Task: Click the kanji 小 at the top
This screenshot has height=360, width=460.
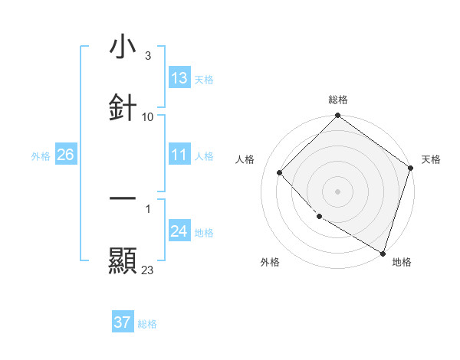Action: click(x=123, y=47)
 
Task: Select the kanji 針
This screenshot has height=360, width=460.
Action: click(x=123, y=106)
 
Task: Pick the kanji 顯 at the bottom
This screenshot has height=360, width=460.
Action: click(x=123, y=261)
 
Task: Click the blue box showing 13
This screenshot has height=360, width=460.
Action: click(x=179, y=78)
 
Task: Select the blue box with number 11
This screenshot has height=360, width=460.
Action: click(x=179, y=155)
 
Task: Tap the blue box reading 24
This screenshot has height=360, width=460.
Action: click(x=179, y=231)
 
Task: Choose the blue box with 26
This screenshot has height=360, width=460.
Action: click(x=65, y=155)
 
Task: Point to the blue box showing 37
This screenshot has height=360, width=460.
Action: click(x=123, y=322)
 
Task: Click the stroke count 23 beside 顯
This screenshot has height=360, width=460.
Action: click(x=147, y=270)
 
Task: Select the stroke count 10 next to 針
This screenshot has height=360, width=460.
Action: click(x=148, y=116)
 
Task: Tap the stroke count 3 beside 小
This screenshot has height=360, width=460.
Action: click(x=147, y=56)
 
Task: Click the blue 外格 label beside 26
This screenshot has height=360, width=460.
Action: click(x=41, y=155)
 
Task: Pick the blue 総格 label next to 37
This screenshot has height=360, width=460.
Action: click(x=147, y=323)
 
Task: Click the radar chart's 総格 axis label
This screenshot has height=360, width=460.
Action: click(x=337, y=100)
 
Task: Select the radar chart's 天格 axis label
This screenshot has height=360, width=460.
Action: click(x=431, y=159)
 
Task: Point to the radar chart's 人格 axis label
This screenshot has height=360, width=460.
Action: click(x=245, y=159)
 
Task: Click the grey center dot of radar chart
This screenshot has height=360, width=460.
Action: click(x=337, y=191)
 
